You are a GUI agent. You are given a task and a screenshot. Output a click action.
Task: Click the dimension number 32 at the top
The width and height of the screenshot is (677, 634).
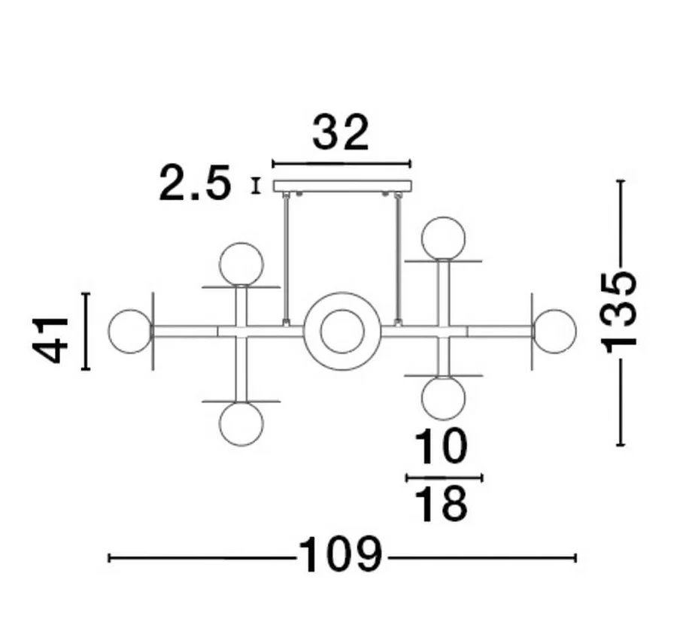click(x=341, y=133)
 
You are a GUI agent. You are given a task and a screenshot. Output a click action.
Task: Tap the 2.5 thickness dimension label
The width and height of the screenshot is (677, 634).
click(x=194, y=184)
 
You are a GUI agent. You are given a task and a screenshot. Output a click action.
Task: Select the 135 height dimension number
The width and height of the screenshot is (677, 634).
click(x=621, y=311)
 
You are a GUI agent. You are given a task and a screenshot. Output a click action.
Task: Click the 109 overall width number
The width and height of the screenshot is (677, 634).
click(x=341, y=557)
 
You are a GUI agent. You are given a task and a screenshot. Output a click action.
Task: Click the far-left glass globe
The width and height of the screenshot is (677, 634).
click(x=129, y=331)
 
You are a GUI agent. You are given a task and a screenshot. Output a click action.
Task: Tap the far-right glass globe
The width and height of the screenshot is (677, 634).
click(x=555, y=331)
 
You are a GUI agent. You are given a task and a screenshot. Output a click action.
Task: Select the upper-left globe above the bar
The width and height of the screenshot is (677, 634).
click(x=241, y=264)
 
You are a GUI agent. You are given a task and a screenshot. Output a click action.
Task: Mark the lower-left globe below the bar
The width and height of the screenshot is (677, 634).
click(x=241, y=423)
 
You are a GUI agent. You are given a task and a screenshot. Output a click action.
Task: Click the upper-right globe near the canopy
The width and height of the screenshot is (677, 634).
click(x=443, y=238)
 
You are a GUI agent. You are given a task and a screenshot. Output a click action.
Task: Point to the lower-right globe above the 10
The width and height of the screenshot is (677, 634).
click(x=443, y=397)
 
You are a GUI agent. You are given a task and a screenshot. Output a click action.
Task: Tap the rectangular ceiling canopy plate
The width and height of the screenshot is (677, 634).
click(x=342, y=186)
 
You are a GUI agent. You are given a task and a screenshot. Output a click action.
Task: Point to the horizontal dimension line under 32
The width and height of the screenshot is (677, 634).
click(x=342, y=163)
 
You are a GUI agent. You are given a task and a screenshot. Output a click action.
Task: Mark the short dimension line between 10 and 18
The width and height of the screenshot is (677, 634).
click(x=444, y=478)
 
